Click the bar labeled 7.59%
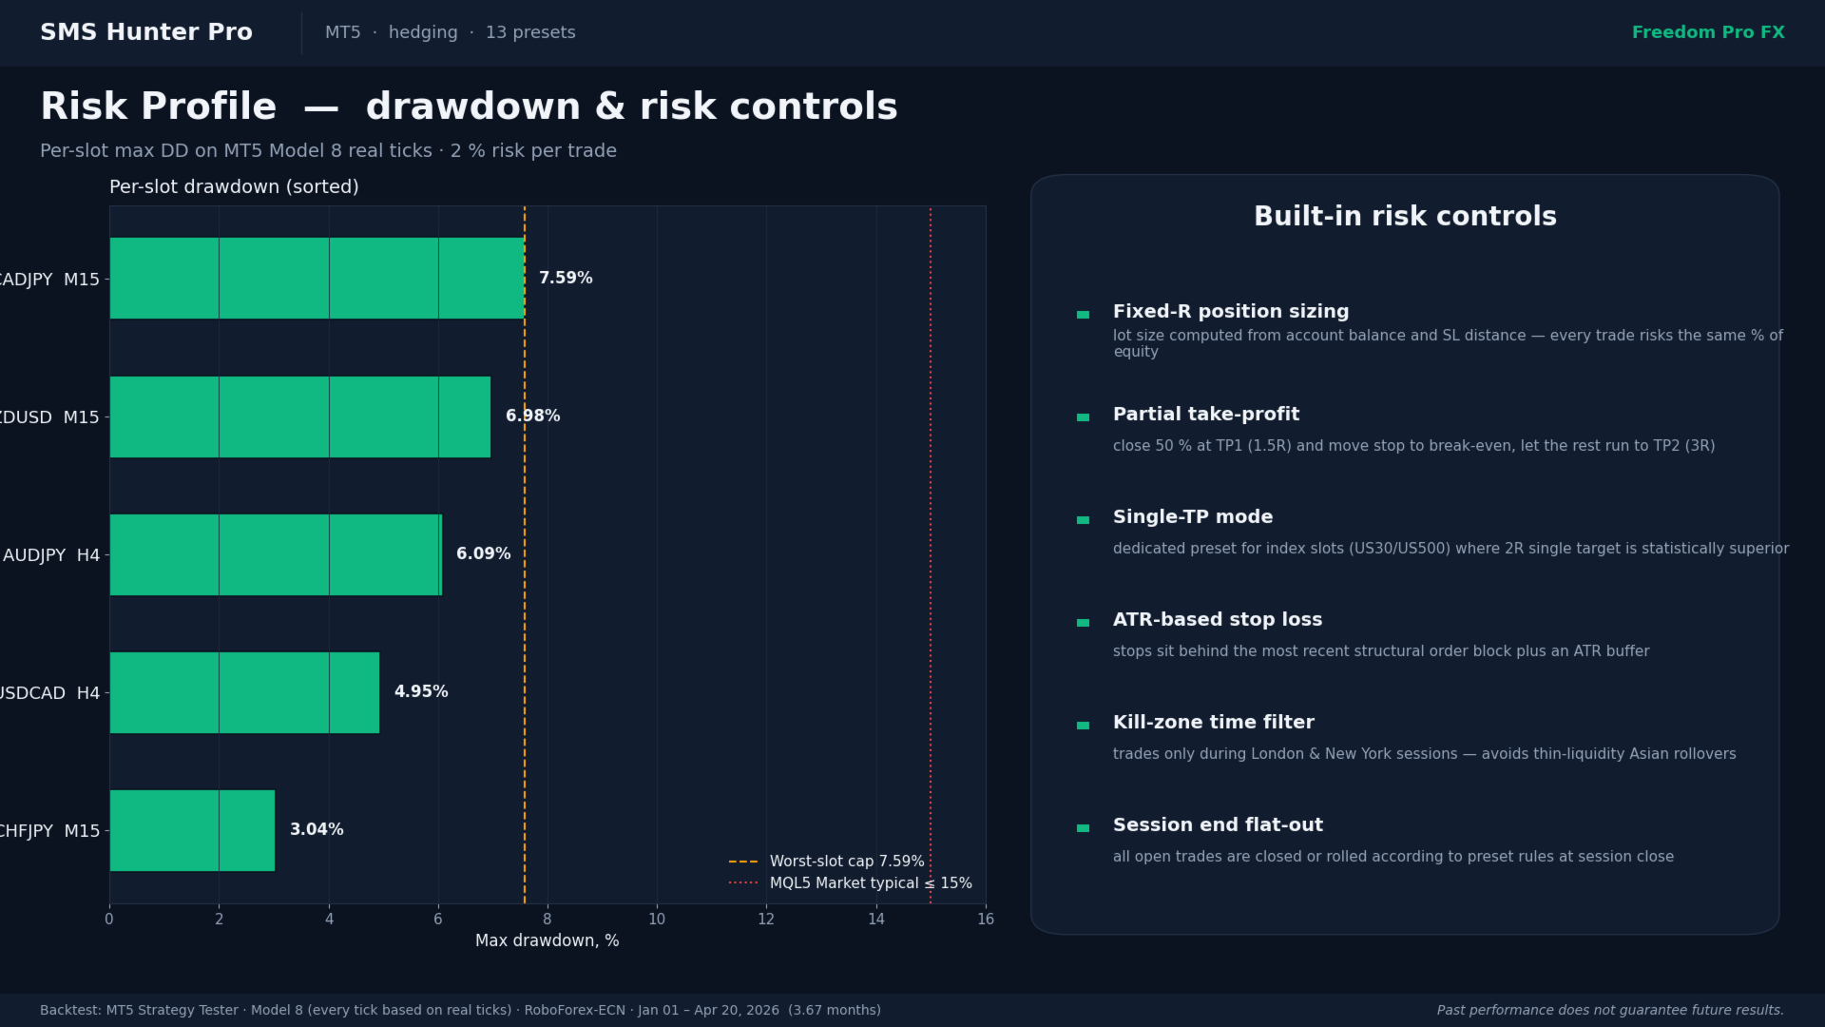tap(317, 278)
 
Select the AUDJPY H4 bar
tap(276, 554)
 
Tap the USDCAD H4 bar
tap(244, 692)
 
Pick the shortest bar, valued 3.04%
tap(192, 830)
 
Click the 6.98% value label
tap(532, 417)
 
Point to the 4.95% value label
tap(421, 692)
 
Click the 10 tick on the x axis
tap(657, 920)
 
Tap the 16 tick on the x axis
tap(986, 920)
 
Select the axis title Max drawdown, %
tap(547, 941)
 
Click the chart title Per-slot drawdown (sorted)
tap(234, 187)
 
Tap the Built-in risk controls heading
tap(1405, 217)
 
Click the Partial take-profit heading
tap(1205, 415)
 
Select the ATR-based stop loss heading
tap(1217, 620)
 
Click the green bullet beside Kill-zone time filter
tap(1083, 726)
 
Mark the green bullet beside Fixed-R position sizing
tap(1083, 315)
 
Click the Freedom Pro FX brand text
tap(1708, 32)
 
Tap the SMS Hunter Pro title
tap(146, 32)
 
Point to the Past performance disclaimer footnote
tap(1610, 1011)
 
